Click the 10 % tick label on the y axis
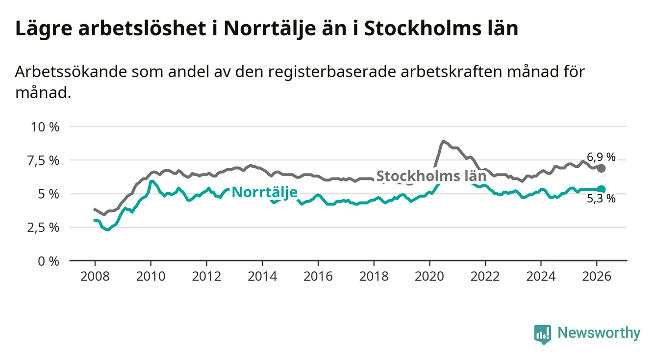tap(46, 127)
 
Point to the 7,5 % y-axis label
tap(46, 160)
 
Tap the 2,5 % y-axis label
tap(46, 228)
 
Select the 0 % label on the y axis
tap(49, 261)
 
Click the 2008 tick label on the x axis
tap(95, 276)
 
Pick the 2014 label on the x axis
tap(262, 276)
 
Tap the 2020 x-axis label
tap(430, 276)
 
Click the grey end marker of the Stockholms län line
tap(602, 168)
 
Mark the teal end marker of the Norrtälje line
tap(602, 189)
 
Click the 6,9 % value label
tap(601, 157)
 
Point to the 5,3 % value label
tap(601, 199)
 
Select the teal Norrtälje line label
tap(264, 192)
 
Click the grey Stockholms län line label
tap(431, 176)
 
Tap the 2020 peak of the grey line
tap(443, 141)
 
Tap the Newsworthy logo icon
tap(542, 334)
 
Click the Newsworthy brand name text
tap(599, 334)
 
